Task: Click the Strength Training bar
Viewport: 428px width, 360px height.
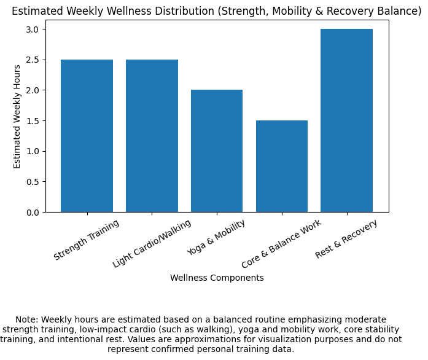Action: click(x=87, y=136)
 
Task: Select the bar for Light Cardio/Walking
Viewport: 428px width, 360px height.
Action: click(x=152, y=136)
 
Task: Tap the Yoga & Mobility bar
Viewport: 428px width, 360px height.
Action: click(x=217, y=151)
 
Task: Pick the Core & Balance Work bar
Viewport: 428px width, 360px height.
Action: click(x=282, y=166)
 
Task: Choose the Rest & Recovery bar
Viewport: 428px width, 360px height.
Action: click(x=346, y=120)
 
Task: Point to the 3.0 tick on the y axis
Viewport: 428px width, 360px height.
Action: click(x=32, y=29)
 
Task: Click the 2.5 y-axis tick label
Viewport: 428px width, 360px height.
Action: click(x=32, y=60)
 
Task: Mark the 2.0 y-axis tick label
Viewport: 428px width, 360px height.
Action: click(x=32, y=90)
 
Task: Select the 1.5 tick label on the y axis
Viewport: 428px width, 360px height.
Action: click(x=32, y=121)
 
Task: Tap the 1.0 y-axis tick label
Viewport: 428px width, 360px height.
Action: click(x=32, y=151)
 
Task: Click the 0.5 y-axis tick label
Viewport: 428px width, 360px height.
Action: click(x=32, y=182)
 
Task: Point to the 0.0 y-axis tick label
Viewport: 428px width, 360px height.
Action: click(x=32, y=213)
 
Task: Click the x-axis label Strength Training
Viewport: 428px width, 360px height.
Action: click(x=87, y=240)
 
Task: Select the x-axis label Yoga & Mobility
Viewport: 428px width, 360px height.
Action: click(x=216, y=237)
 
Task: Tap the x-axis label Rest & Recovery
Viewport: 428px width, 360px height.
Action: click(x=346, y=239)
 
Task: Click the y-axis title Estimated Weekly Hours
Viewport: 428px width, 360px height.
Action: click(x=17, y=116)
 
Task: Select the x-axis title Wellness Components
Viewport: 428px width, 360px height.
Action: click(x=217, y=278)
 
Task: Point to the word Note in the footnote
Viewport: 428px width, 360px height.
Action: click(x=26, y=319)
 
